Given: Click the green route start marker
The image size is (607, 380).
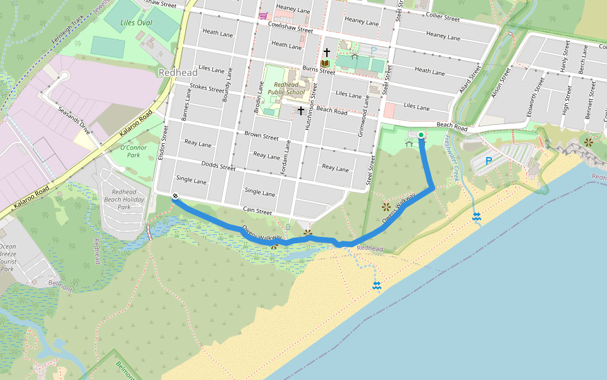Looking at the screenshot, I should pyautogui.click(x=421, y=134).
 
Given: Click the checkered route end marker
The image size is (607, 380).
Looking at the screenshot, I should pyautogui.click(x=175, y=196).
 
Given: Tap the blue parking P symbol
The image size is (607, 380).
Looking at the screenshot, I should pyautogui.click(x=488, y=161).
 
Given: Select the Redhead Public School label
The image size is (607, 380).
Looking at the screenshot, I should pyautogui.click(x=286, y=88).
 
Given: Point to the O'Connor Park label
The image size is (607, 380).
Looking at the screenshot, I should pyautogui.click(x=133, y=151).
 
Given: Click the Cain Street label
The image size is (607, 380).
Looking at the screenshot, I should pyautogui.click(x=257, y=210).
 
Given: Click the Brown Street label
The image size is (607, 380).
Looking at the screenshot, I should pyautogui.click(x=261, y=136).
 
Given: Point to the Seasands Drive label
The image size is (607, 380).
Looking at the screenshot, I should pyautogui.click(x=73, y=119).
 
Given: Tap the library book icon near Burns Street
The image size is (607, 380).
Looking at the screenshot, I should pyautogui.click(x=325, y=63).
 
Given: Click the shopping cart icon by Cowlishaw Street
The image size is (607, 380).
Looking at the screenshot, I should pyautogui.click(x=262, y=15).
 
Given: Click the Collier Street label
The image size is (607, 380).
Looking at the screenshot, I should pyautogui.click(x=443, y=18).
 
